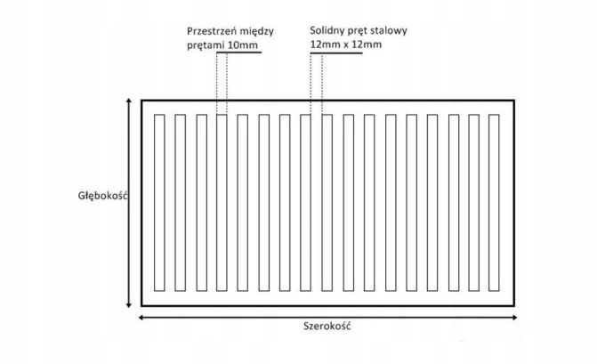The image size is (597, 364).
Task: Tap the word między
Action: point(261,28)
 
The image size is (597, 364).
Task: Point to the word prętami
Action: point(207,44)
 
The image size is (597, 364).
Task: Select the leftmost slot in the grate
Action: point(160,202)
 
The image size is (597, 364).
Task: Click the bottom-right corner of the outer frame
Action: point(514,305)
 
